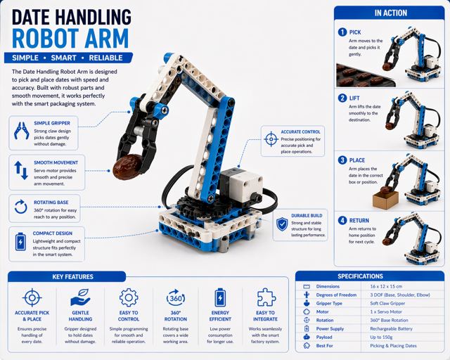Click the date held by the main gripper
coord(127,167)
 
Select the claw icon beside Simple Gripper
coord(21,131)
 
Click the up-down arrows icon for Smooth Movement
coord(21,170)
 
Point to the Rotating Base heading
coord(51,202)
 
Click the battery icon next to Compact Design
coord(20,241)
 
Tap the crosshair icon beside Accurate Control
coord(271,139)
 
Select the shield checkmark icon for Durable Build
coord(282,224)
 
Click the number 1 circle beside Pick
coord(342,32)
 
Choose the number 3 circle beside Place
coord(342,160)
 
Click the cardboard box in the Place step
coord(385,200)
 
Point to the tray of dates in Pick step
coord(364,76)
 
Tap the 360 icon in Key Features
coord(176,297)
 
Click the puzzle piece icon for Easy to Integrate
coord(266,297)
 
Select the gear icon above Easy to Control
coord(129,297)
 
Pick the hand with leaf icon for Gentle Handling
coord(80,297)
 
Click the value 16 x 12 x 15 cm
coord(386,286)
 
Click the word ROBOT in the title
coord(46,39)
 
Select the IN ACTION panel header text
coord(391,13)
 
